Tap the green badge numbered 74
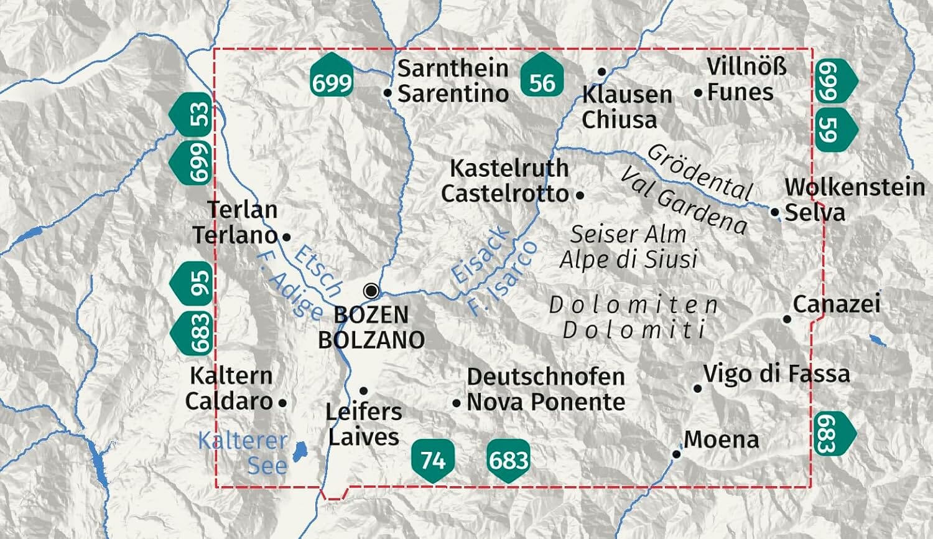[x=433, y=460]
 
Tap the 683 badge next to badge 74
[x=508, y=460]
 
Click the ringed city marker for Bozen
[x=371, y=291]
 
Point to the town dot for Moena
[x=677, y=454]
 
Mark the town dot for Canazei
[x=787, y=319]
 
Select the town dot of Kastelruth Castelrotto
[x=580, y=195]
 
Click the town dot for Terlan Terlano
[x=286, y=237]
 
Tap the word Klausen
[x=627, y=95]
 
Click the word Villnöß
[x=746, y=66]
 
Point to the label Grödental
[x=700, y=171]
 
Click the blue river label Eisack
[x=480, y=256]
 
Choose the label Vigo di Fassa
[x=776, y=373]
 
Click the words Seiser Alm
[x=628, y=235]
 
